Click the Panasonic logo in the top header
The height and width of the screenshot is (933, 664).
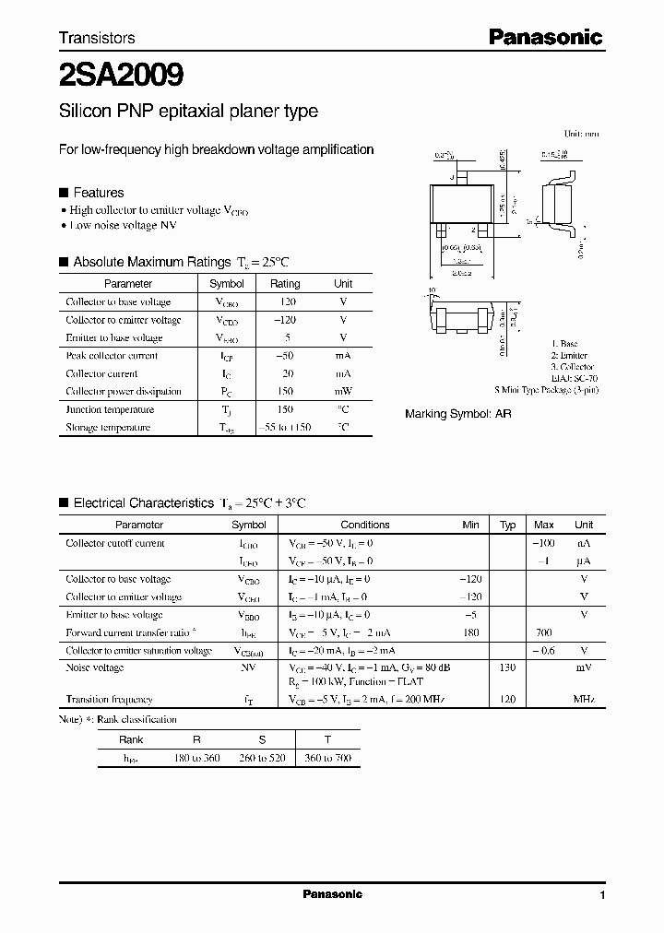point(544,38)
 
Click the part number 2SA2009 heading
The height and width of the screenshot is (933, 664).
point(122,74)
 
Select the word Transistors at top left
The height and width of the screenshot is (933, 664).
point(97,38)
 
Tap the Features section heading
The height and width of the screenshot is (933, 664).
point(98,193)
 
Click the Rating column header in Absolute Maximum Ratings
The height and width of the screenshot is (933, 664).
point(285,284)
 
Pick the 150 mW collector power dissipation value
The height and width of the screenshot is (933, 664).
point(285,392)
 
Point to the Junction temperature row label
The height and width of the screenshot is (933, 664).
point(110,409)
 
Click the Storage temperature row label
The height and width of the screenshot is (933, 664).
point(109,428)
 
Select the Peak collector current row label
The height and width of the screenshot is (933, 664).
point(112,356)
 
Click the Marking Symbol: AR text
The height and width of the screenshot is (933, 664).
point(457,414)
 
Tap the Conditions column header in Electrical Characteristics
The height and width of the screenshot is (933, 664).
point(365,525)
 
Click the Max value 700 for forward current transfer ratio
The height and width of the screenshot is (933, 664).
point(544,633)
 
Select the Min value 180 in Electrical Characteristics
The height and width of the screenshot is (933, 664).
point(471,633)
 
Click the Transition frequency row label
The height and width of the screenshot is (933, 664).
point(109,700)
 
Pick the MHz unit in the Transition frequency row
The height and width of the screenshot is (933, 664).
point(583,700)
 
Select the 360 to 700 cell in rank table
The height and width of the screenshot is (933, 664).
point(328,758)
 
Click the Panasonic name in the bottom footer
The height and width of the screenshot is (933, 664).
point(332,894)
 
